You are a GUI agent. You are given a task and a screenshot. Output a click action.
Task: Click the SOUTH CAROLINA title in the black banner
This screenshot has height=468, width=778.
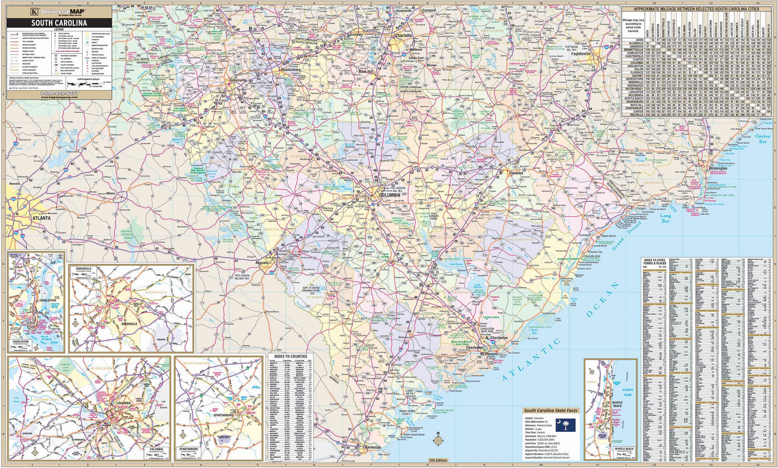tap(58, 23)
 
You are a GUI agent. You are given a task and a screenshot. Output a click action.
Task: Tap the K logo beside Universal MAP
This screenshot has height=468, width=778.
tap(34, 11)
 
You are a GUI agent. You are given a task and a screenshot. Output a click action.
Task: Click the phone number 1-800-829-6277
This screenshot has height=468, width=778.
tap(58, 92)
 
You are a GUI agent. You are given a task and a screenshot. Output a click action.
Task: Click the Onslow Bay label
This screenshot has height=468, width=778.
tap(761, 138)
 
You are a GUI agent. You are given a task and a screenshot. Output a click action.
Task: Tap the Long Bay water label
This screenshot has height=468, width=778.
tap(665, 218)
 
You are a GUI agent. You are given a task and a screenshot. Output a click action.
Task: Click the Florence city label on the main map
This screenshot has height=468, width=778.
tap(516, 173)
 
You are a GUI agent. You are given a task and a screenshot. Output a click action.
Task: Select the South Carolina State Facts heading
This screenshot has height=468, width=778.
tap(550, 410)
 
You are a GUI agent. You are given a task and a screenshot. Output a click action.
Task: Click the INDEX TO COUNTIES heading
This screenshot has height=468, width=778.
tap(290, 356)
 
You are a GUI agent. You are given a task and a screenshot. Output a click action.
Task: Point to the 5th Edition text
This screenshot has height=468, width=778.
tap(438, 461)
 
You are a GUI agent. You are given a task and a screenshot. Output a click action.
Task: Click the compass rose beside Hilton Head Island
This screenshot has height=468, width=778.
tap(438, 441)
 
